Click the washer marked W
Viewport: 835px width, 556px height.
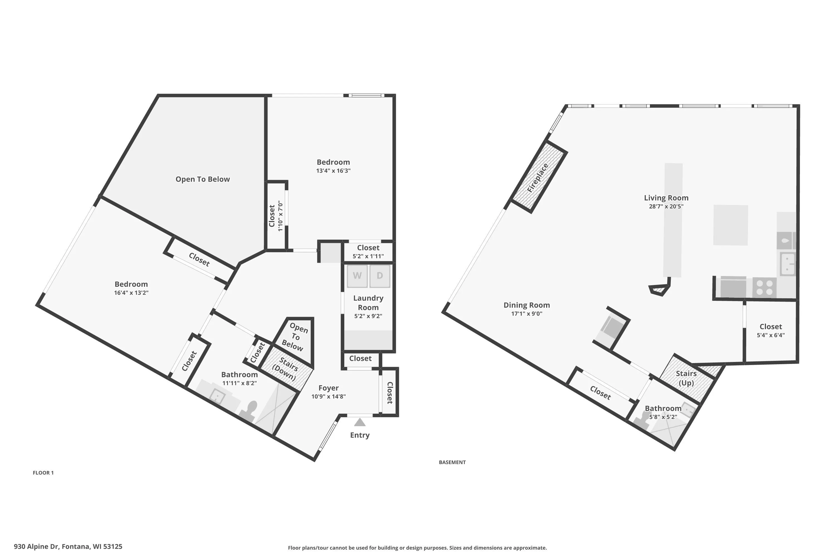[x=357, y=276]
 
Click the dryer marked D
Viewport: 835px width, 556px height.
[x=380, y=276]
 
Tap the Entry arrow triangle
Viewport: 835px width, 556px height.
[x=360, y=422]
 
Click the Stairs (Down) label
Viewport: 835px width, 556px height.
[x=286, y=369]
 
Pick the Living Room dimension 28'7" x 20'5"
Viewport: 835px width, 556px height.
[x=666, y=206]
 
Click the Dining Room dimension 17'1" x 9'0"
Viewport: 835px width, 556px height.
[x=527, y=314]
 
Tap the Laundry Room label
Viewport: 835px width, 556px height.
[x=368, y=303]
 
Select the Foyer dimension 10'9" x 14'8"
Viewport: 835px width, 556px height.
[x=328, y=396]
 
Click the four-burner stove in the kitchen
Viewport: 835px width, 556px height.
[x=764, y=287]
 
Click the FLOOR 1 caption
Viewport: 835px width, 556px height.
[x=43, y=473]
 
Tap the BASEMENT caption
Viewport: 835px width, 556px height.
[x=452, y=462]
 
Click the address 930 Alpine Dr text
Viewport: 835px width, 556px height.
[x=36, y=547]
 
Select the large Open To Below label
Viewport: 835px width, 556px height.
[x=203, y=179]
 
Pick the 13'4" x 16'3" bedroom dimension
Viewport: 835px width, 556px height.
[x=333, y=171]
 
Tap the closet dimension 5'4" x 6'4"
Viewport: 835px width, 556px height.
[x=771, y=335]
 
